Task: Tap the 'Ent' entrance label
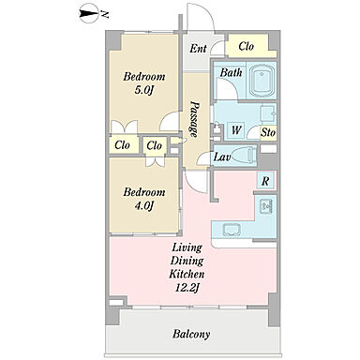[x=198, y=49]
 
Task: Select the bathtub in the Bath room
[x=262, y=81]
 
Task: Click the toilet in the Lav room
[x=245, y=155]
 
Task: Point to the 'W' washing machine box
[x=236, y=129]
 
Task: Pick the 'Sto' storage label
[x=268, y=133]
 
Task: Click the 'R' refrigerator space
[x=265, y=181]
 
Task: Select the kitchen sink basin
[x=232, y=230]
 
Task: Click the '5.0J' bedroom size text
[x=144, y=90]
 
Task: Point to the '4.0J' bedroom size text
[x=144, y=206]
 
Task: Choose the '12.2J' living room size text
[x=187, y=288]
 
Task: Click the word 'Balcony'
[x=191, y=334]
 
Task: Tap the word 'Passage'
[x=194, y=119]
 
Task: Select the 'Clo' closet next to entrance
[x=246, y=47]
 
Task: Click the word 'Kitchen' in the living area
[x=187, y=274]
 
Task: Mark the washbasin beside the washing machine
[x=267, y=113]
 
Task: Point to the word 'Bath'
[x=231, y=73]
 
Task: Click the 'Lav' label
[x=222, y=157]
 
